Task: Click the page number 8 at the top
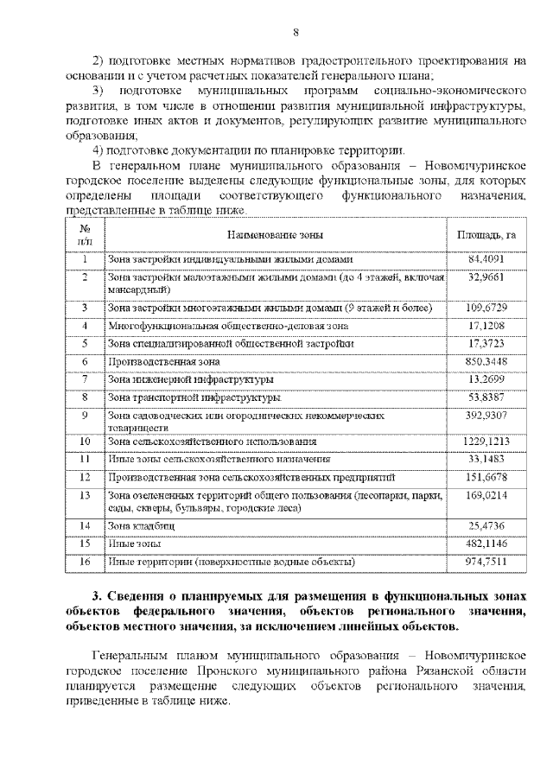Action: (296, 32)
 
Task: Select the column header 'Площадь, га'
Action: (486, 234)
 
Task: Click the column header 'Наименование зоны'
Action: (276, 234)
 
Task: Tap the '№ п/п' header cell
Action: (86, 234)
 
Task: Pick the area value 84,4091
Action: (486, 259)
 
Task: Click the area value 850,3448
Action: (486, 361)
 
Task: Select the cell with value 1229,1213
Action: (486, 442)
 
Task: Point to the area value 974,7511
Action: (486, 562)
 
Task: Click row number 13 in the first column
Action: (86, 496)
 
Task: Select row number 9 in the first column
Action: (86, 416)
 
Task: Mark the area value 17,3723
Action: (486, 344)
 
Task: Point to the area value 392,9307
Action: (486, 416)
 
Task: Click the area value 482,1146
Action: (486, 544)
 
